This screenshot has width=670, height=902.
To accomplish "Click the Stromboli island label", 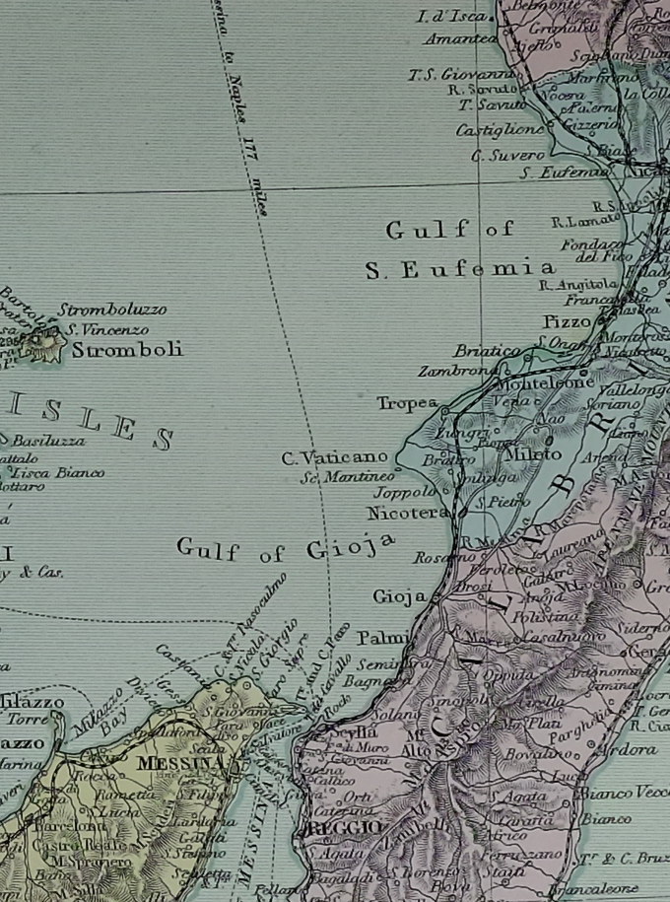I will (x=127, y=350).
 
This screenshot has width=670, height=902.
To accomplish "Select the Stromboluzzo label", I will (x=112, y=309).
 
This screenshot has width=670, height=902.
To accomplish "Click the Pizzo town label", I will (x=567, y=322).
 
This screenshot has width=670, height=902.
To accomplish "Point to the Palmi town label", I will (x=381, y=637).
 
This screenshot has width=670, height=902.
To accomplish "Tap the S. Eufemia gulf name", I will (x=460, y=269).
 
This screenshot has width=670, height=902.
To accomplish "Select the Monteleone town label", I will (x=538, y=382).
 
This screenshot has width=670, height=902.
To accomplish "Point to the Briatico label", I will (x=486, y=351).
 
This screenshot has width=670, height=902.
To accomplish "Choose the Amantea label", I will (x=460, y=38).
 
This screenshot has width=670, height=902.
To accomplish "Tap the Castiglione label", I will (x=500, y=129).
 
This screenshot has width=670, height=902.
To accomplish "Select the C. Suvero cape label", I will (x=507, y=155).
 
